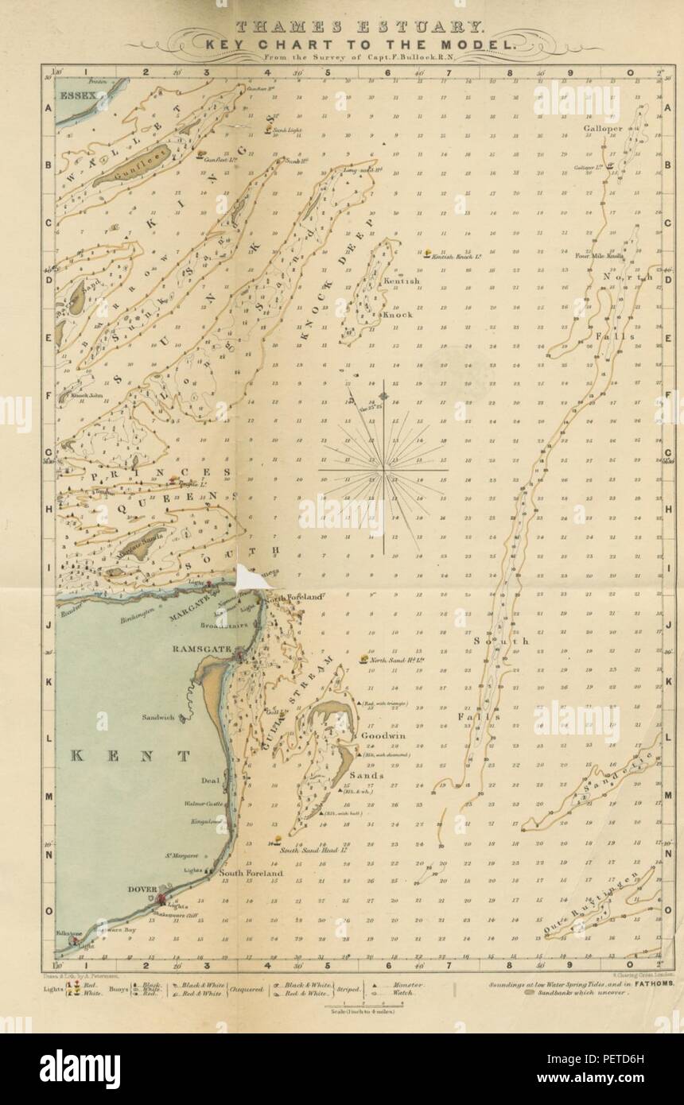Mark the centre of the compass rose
(x=383, y=470)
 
